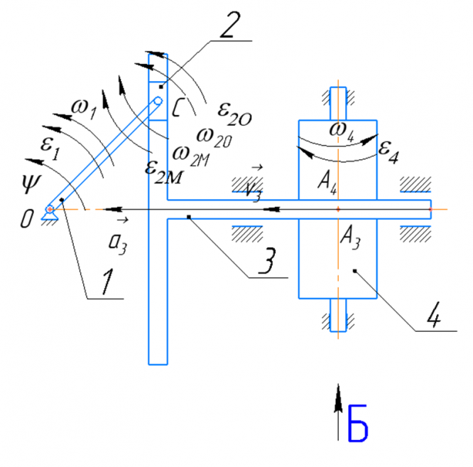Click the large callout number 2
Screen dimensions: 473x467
[230, 26]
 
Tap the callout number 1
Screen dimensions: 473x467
[108, 281]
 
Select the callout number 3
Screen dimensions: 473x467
[267, 260]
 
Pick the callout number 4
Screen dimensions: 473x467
[435, 314]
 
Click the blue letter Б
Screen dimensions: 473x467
[358, 423]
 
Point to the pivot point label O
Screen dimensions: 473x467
[26, 218]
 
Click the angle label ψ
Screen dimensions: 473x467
[31, 183]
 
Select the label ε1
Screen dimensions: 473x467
[50, 149]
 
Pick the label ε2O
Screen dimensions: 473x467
[234, 114]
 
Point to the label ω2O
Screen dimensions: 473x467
[214, 138]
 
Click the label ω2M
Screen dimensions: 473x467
[190, 156]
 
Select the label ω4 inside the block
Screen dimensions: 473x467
[342, 132]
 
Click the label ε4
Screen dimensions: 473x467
[388, 152]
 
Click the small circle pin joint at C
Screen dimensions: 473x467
[158, 101]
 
